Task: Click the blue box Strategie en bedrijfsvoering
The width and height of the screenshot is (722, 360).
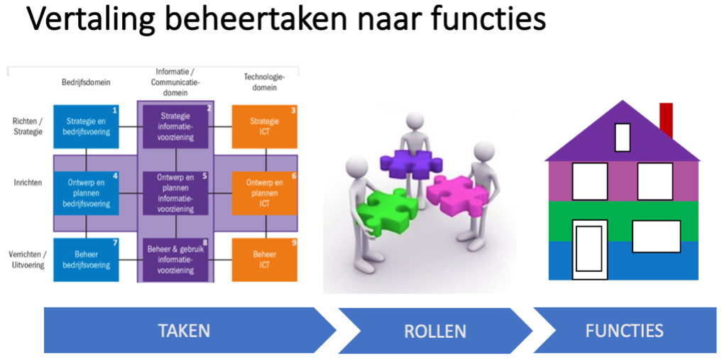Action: tap(86, 126)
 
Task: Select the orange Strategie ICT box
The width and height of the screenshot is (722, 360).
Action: tap(264, 126)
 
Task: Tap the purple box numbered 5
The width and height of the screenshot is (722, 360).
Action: tap(175, 193)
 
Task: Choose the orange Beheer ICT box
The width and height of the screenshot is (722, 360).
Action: tap(264, 260)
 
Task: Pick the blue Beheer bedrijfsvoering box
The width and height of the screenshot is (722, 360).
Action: tap(86, 260)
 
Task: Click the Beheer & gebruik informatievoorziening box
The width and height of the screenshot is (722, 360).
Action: tap(175, 260)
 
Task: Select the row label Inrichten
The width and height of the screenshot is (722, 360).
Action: tap(28, 182)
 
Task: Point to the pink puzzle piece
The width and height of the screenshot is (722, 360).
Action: tap(457, 194)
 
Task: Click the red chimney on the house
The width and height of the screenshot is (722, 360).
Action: tap(666, 120)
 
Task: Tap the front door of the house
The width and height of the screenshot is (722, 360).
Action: tap(589, 249)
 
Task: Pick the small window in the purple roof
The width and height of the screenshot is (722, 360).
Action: tap(623, 137)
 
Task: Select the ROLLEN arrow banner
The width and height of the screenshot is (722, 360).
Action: tap(435, 330)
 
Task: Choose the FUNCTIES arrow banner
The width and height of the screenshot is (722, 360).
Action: tap(624, 330)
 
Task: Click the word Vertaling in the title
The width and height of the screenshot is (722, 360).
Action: tap(88, 21)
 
